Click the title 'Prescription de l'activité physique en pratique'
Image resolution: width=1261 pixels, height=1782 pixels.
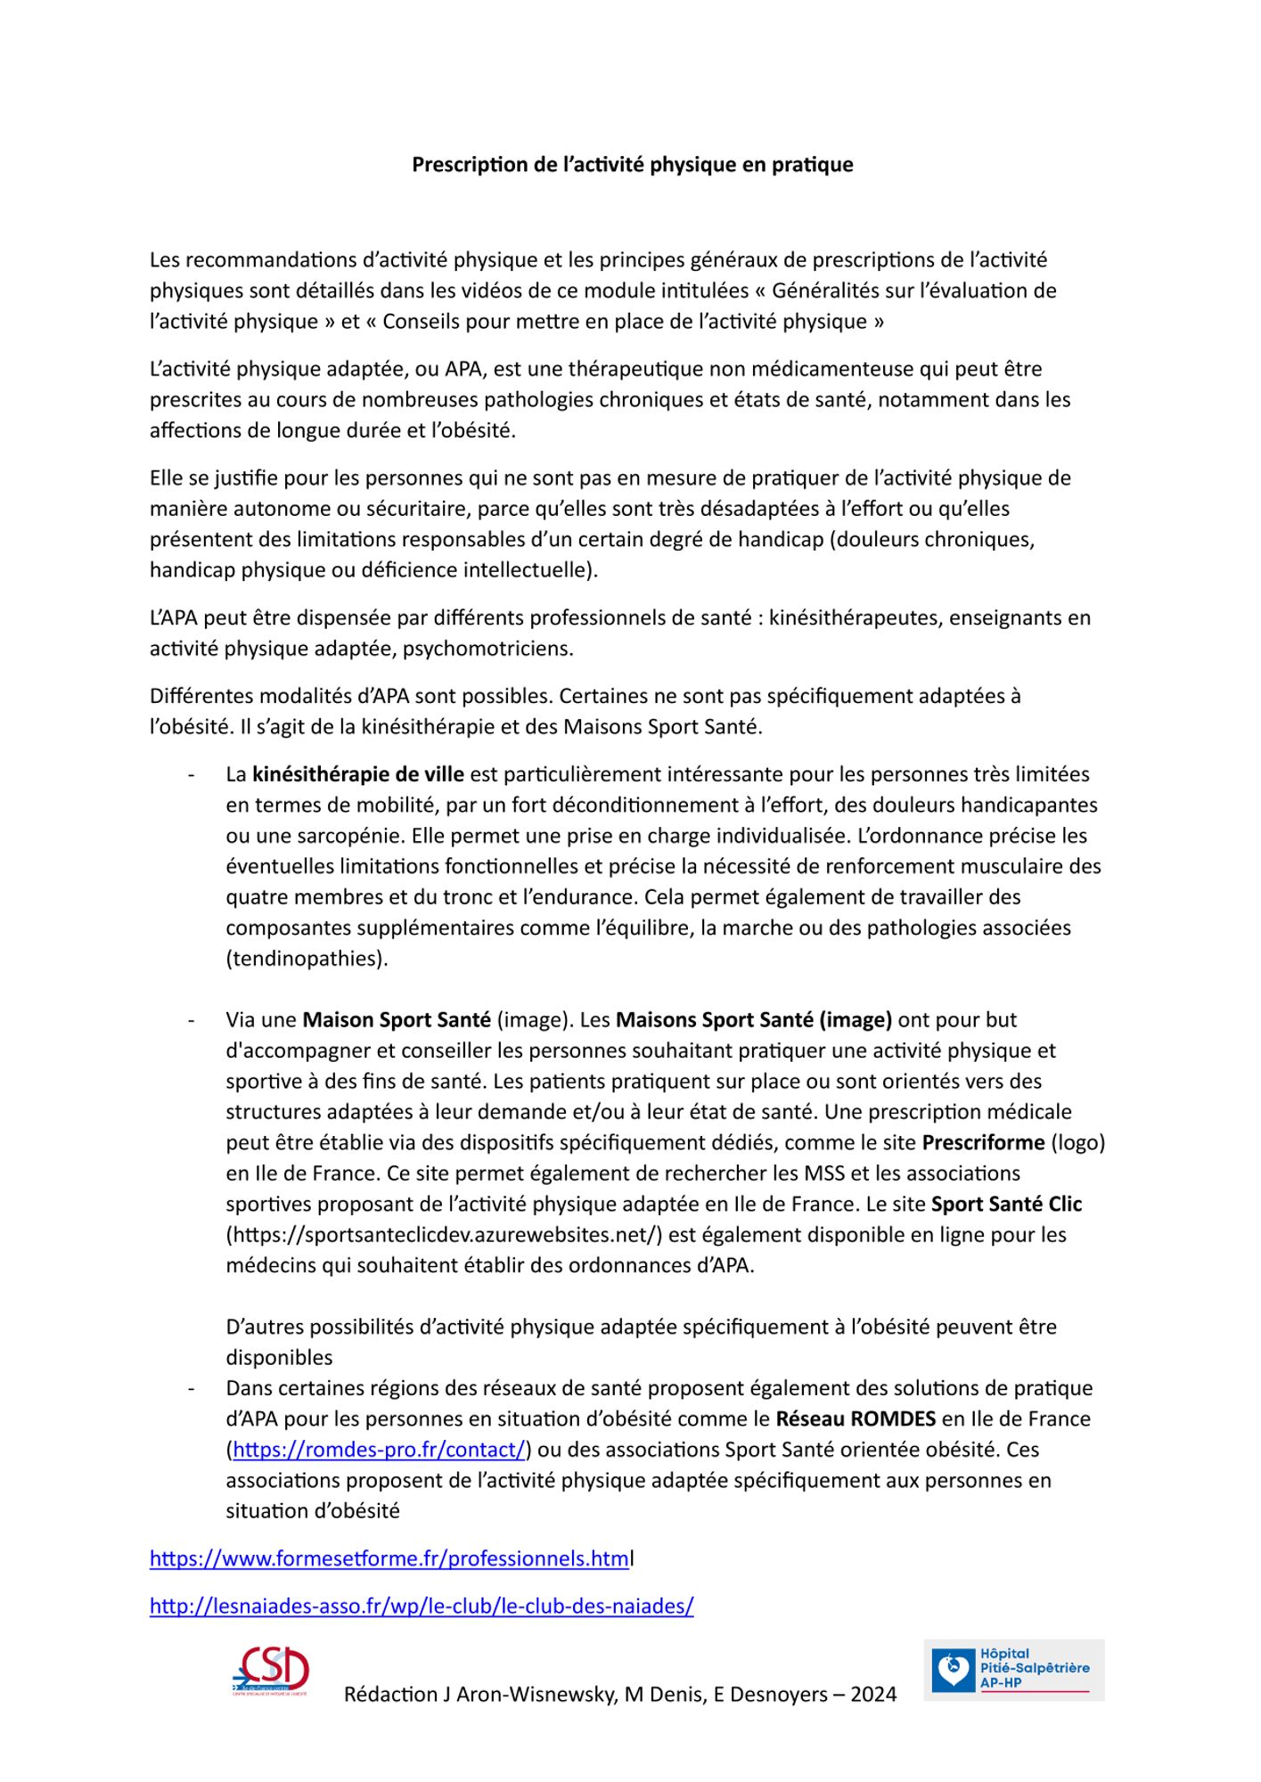coord(632,165)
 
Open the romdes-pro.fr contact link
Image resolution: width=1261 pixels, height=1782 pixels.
coord(379,1450)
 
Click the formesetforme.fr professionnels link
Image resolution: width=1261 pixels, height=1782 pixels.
coord(389,1558)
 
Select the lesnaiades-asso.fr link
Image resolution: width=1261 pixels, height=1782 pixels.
coord(422,1606)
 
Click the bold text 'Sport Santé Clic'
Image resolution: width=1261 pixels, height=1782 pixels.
coord(1006,1205)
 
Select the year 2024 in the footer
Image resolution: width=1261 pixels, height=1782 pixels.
coord(873,1695)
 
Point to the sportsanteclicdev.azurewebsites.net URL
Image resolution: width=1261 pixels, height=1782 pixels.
coord(444,1235)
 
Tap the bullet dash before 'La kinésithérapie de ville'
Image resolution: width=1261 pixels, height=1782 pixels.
coord(191,775)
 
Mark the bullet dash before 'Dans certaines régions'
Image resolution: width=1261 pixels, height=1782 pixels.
coord(191,1388)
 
